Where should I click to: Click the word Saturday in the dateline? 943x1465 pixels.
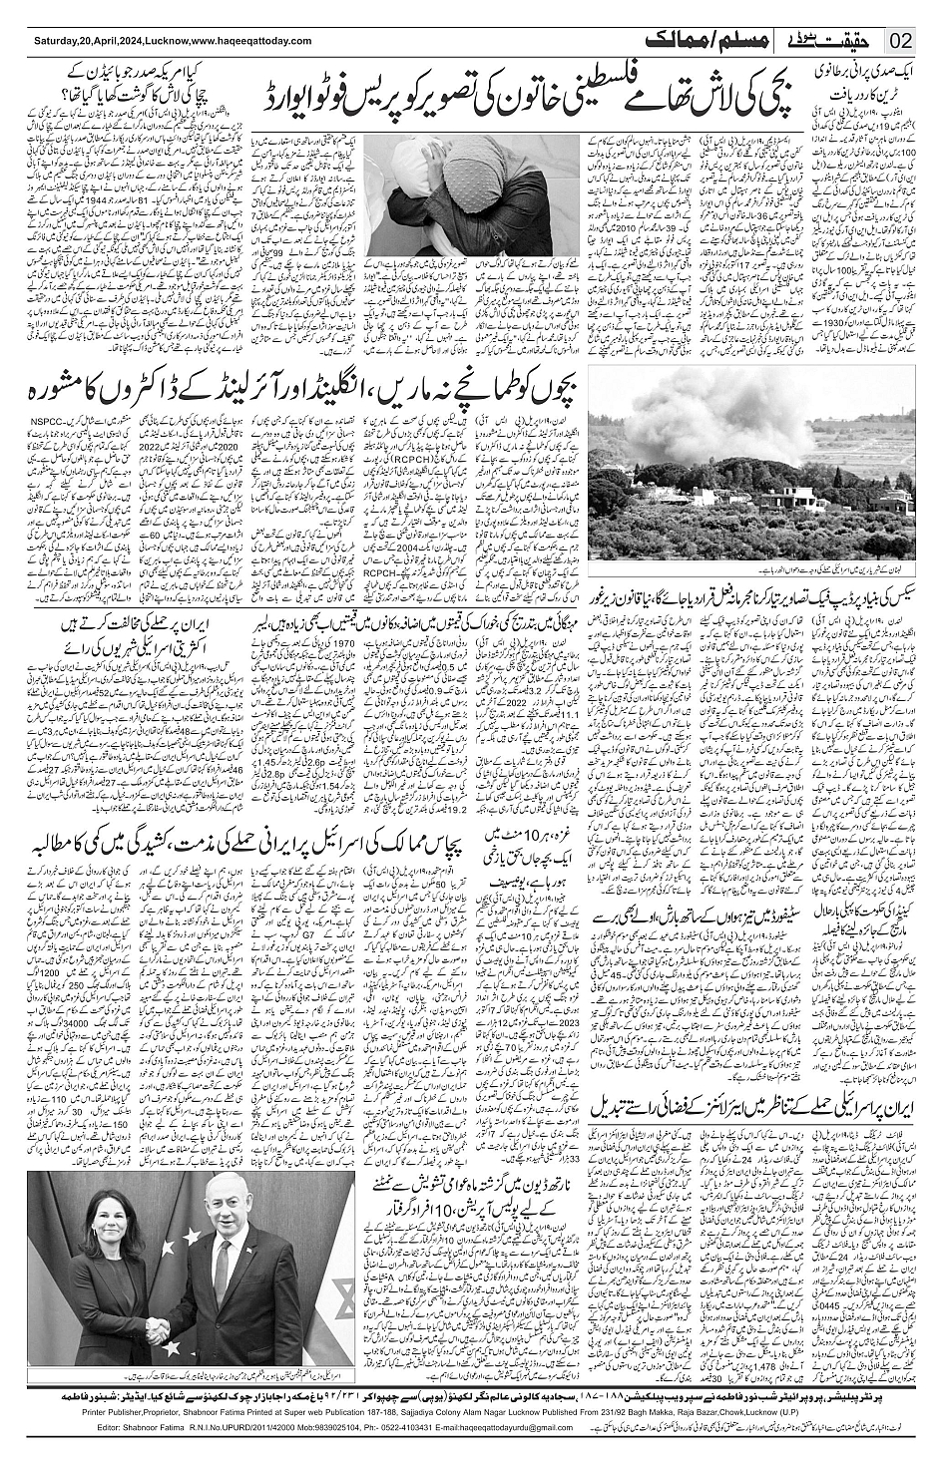(x=56, y=42)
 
